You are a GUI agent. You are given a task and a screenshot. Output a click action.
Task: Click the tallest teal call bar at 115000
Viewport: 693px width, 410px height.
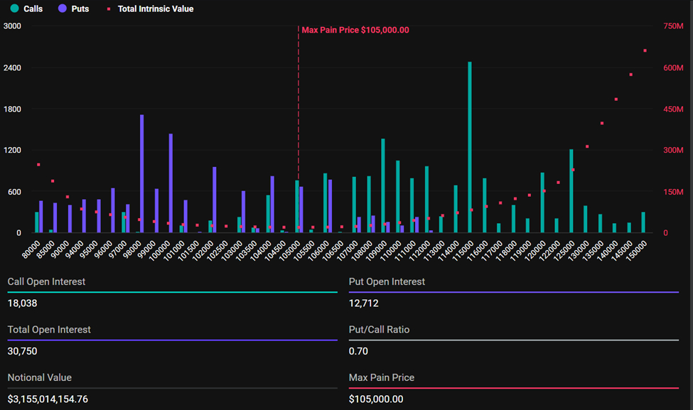click(470, 149)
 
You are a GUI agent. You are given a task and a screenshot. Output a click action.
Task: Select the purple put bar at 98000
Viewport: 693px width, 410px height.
click(141, 174)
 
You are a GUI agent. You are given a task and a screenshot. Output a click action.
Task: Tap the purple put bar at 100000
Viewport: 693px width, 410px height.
click(171, 183)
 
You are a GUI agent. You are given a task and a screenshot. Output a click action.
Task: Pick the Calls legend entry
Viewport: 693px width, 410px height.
click(27, 9)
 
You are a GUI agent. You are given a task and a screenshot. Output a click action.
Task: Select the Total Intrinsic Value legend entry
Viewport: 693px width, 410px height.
click(149, 9)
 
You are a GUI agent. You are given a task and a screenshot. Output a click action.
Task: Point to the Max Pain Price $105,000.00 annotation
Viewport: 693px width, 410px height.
click(355, 30)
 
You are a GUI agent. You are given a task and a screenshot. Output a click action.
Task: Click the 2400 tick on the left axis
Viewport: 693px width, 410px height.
click(13, 68)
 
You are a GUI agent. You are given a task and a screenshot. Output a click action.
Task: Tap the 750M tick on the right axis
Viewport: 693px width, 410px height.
click(673, 26)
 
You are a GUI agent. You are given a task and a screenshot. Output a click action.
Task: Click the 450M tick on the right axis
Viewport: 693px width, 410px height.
click(673, 109)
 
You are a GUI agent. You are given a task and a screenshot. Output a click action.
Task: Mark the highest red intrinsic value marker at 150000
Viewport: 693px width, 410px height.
click(645, 50)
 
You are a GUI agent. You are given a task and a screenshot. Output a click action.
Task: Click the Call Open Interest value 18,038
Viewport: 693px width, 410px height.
click(22, 303)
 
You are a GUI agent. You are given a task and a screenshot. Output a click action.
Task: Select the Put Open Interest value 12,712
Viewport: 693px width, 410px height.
click(363, 303)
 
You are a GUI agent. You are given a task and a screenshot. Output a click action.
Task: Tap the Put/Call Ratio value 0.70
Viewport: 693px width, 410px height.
click(358, 351)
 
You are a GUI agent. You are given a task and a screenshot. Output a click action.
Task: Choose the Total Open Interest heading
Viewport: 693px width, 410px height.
click(49, 330)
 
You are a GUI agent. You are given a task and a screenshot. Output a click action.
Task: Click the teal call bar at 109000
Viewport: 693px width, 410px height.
click(383, 186)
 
